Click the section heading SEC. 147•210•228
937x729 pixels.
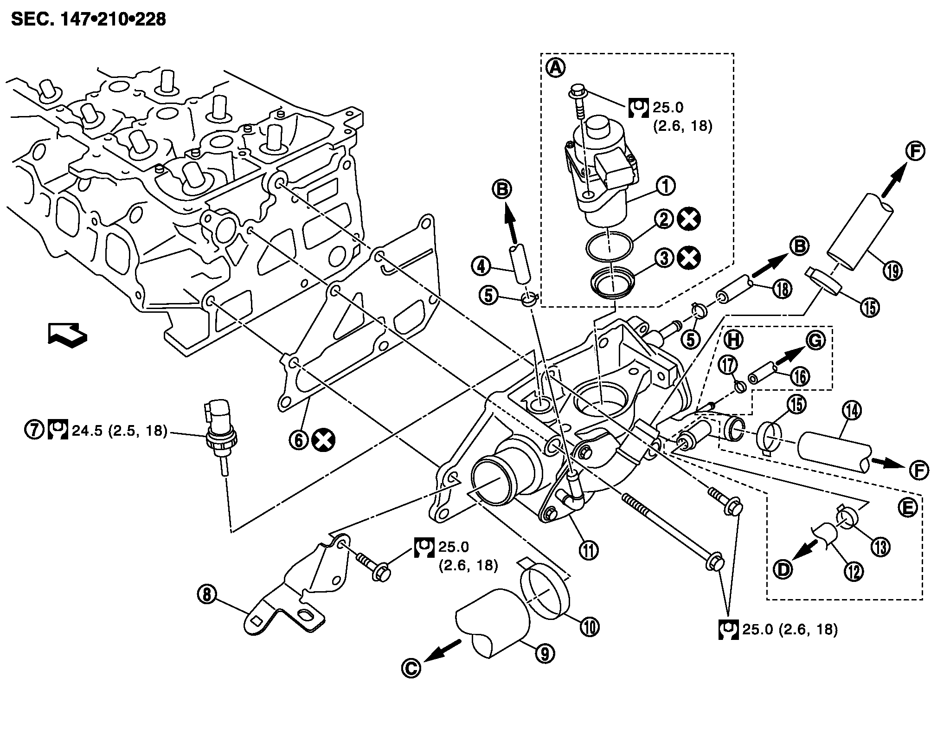tap(88, 19)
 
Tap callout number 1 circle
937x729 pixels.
tap(665, 186)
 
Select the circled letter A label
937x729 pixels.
tap(555, 69)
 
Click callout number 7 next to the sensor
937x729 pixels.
tap(33, 430)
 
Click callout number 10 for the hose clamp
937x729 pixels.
tap(590, 627)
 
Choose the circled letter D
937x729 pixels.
tap(783, 569)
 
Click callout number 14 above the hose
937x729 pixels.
tap(854, 410)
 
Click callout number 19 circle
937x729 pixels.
tap(893, 271)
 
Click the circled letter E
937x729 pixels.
tap(908, 508)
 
